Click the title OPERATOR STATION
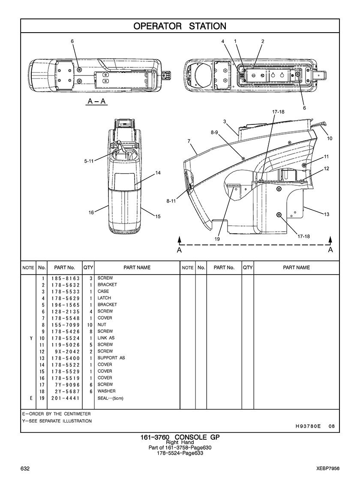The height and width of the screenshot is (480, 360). pos(180,26)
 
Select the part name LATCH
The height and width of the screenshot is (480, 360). pos(104,298)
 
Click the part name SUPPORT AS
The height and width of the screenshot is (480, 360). pos(111,358)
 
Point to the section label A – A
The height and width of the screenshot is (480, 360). pos(97,101)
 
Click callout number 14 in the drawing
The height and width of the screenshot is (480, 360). pos(158,173)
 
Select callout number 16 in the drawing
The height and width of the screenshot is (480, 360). pos(91,212)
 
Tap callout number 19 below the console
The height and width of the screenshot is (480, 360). pos(217,239)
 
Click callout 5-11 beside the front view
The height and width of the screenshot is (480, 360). pos(88,161)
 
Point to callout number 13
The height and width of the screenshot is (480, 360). pos(327,214)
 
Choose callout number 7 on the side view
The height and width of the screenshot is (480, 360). pos(189,141)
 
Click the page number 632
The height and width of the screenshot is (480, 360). pos(24,468)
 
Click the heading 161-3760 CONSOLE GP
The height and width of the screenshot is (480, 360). pos(180,438)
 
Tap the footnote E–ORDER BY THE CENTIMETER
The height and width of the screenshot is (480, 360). pos(57,414)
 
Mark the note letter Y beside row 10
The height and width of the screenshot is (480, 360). pos(31,338)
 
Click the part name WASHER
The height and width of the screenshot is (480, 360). pos(106,391)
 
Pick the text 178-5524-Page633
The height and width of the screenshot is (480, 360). pos(180,453)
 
